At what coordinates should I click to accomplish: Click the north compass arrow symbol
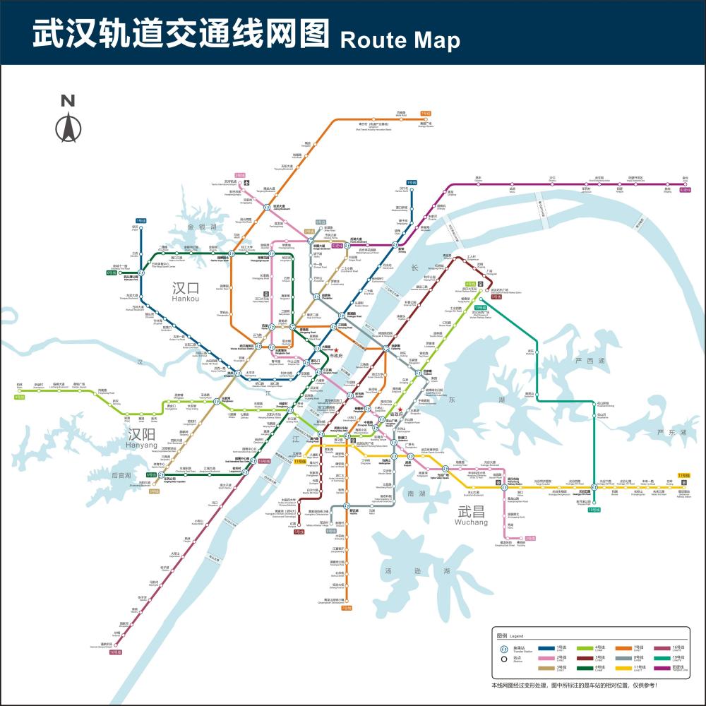[x=68, y=128]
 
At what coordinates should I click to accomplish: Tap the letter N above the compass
[x=68, y=101]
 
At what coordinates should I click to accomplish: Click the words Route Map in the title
[x=400, y=40]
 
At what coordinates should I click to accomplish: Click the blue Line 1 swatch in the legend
[x=546, y=647]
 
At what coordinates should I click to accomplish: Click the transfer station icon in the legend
[x=504, y=649]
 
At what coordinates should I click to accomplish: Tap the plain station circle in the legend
[x=504, y=659]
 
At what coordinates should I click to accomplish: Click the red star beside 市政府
[x=337, y=350]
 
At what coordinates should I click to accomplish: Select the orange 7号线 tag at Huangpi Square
[x=426, y=113]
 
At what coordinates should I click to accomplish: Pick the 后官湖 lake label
[x=121, y=477]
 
